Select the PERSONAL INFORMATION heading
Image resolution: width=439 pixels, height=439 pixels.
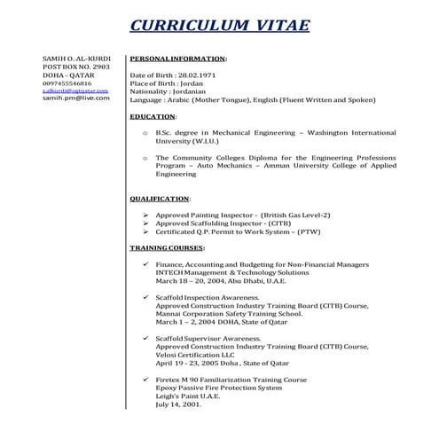(x=177, y=58)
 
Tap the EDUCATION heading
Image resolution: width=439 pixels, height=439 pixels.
(x=153, y=116)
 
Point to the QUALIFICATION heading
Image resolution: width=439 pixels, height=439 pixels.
(x=160, y=199)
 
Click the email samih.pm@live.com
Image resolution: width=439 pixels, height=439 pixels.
(x=76, y=98)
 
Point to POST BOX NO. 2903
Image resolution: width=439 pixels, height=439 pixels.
(x=76, y=66)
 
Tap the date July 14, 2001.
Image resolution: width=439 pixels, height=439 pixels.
(x=178, y=404)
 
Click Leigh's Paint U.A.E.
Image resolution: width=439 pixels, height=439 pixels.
(x=186, y=396)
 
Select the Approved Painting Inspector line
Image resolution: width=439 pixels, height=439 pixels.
(x=230, y=216)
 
